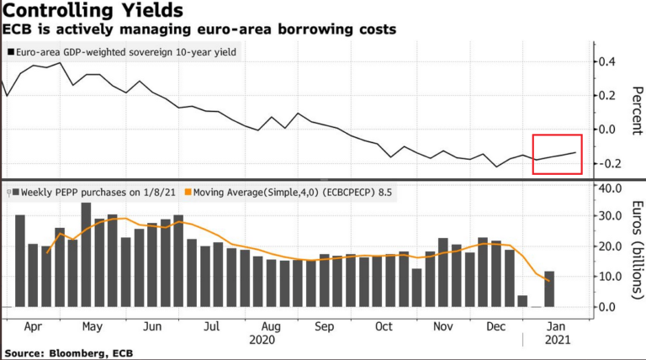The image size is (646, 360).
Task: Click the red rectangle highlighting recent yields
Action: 558,154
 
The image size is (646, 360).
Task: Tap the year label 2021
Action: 552,340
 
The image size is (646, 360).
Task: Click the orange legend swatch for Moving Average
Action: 188,192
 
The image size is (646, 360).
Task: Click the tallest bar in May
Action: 86,255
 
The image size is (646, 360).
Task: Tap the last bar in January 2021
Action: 548,289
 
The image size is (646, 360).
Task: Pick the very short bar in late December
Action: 522,301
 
